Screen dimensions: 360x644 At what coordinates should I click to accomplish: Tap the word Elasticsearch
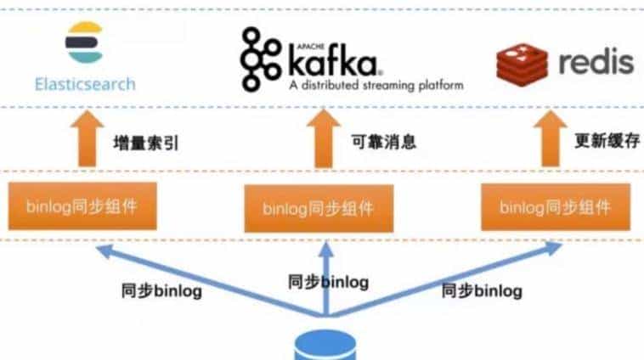pos(85,84)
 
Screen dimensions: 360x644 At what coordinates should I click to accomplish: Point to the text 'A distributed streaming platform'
pos(376,86)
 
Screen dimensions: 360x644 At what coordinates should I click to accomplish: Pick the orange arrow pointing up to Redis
pos(551,141)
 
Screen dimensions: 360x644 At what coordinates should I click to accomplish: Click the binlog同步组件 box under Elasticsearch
pos(83,205)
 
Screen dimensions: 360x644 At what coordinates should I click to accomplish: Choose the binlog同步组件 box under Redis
pos(555,206)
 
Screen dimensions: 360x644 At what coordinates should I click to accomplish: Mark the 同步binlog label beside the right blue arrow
pos(482,290)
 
